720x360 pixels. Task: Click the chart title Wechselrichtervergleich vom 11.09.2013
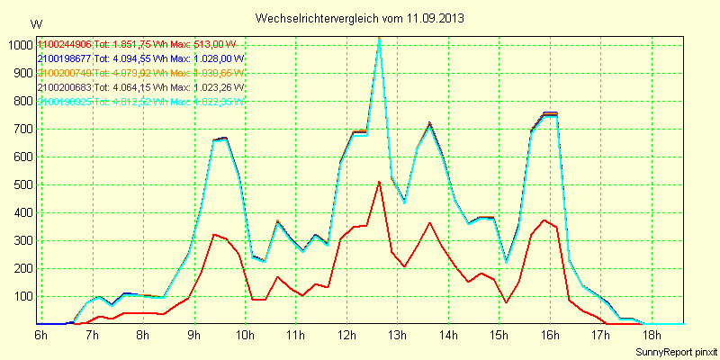coord(360,18)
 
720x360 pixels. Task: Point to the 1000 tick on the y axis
coord(19,45)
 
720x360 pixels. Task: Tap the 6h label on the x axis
coord(41,336)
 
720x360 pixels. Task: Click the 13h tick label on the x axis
coord(397,336)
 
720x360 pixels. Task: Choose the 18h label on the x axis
coord(651,336)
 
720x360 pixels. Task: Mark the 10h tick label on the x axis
coord(244,336)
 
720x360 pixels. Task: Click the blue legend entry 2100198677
coord(65,59)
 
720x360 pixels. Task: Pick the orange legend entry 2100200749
coord(65,74)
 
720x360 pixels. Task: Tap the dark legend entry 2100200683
coord(65,88)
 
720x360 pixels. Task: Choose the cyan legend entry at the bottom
coord(65,103)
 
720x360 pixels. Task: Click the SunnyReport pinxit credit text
coord(676,352)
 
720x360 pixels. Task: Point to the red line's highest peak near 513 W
coord(380,182)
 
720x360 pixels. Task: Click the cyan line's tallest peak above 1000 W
coord(380,39)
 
